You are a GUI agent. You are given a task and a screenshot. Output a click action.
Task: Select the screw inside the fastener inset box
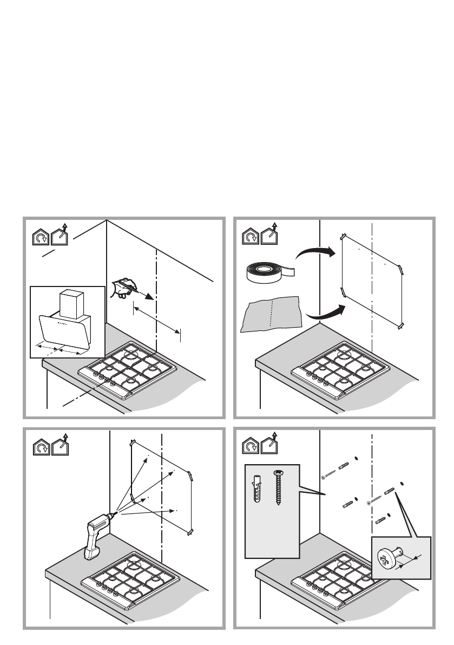point(279,487)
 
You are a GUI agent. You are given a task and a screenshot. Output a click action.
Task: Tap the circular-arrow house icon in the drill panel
point(41,447)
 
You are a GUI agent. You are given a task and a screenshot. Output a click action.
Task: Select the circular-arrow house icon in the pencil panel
point(41,237)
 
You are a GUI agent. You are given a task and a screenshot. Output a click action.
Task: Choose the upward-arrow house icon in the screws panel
point(271,445)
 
